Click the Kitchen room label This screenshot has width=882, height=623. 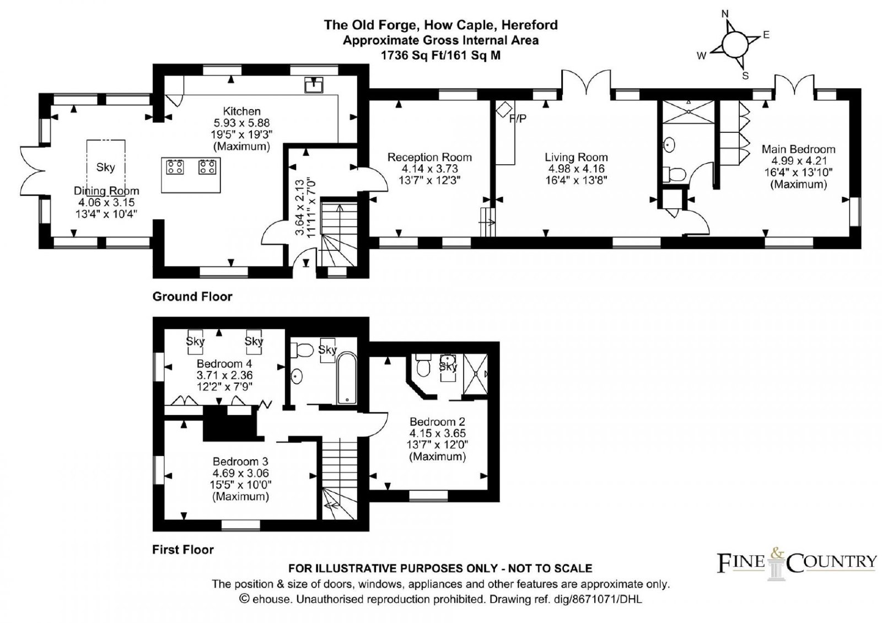(242, 111)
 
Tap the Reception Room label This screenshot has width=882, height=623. (429, 157)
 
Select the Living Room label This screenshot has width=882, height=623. (576, 157)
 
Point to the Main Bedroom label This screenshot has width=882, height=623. (799, 149)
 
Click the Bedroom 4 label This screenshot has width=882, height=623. (224, 363)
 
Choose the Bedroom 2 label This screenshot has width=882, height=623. (437, 421)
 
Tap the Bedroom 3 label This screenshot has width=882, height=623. (240, 461)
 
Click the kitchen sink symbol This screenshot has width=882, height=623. (314, 85)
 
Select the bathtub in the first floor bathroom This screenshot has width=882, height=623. (347, 378)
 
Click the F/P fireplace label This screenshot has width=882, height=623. (518, 119)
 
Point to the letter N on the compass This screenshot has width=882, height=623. (725, 14)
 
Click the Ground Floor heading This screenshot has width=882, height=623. (192, 297)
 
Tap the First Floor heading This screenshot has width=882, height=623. (183, 549)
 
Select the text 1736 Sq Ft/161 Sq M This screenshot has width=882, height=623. (440, 56)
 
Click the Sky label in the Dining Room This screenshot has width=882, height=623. (105, 168)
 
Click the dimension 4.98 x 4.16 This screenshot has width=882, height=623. (576, 169)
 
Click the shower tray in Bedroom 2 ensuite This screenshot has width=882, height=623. (476, 374)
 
